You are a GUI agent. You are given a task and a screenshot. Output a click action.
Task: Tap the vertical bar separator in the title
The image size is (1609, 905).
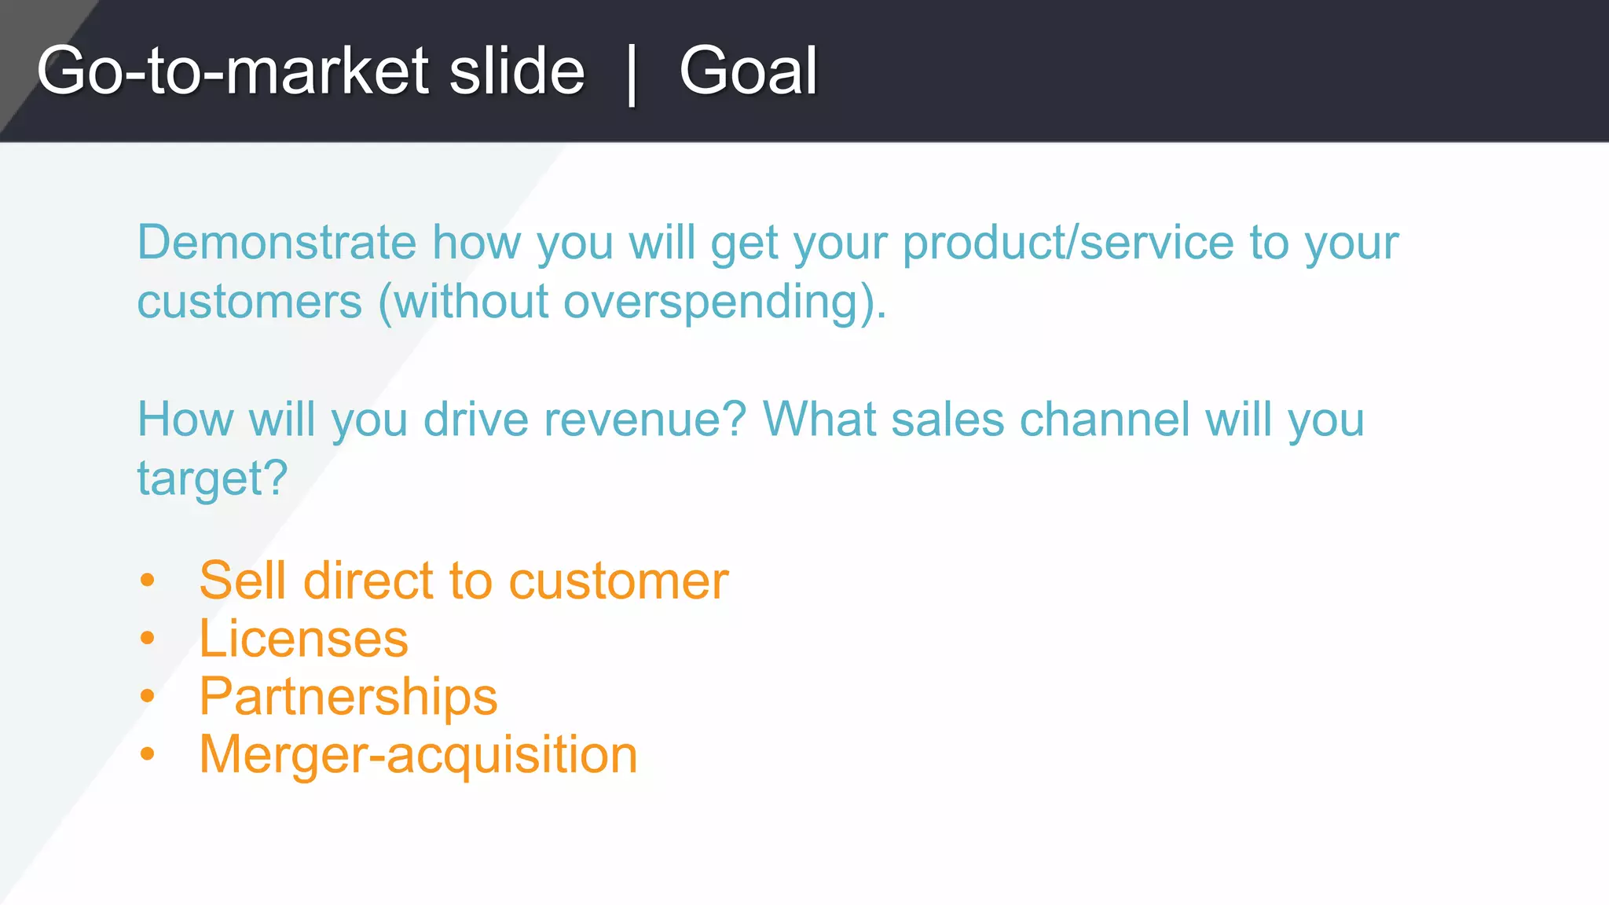pyautogui.click(x=632, y=74)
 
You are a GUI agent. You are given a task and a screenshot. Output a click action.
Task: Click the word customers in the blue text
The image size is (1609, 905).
pyautogui.click(x=250, y=302)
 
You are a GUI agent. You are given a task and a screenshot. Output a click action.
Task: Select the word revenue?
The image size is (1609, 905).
pyautogui.click(x=644, y=420)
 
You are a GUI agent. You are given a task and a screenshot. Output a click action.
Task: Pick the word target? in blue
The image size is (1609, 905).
pyautogui.click(x=212, y=478)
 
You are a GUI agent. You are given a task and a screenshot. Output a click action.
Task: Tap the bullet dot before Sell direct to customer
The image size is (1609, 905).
pyautogui.click(x=148, y=581)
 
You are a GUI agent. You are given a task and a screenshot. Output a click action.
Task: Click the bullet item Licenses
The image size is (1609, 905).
pyautogui.click(x=303, y=639)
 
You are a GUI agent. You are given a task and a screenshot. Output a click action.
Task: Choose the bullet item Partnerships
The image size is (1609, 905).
pyautogui.click(x=348, y=697)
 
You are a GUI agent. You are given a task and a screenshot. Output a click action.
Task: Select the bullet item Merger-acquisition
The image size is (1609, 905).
pyautogui.click(x=418, y=754)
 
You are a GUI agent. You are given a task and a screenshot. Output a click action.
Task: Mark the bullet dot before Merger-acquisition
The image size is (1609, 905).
pyautogui.click(x=148, y=754)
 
